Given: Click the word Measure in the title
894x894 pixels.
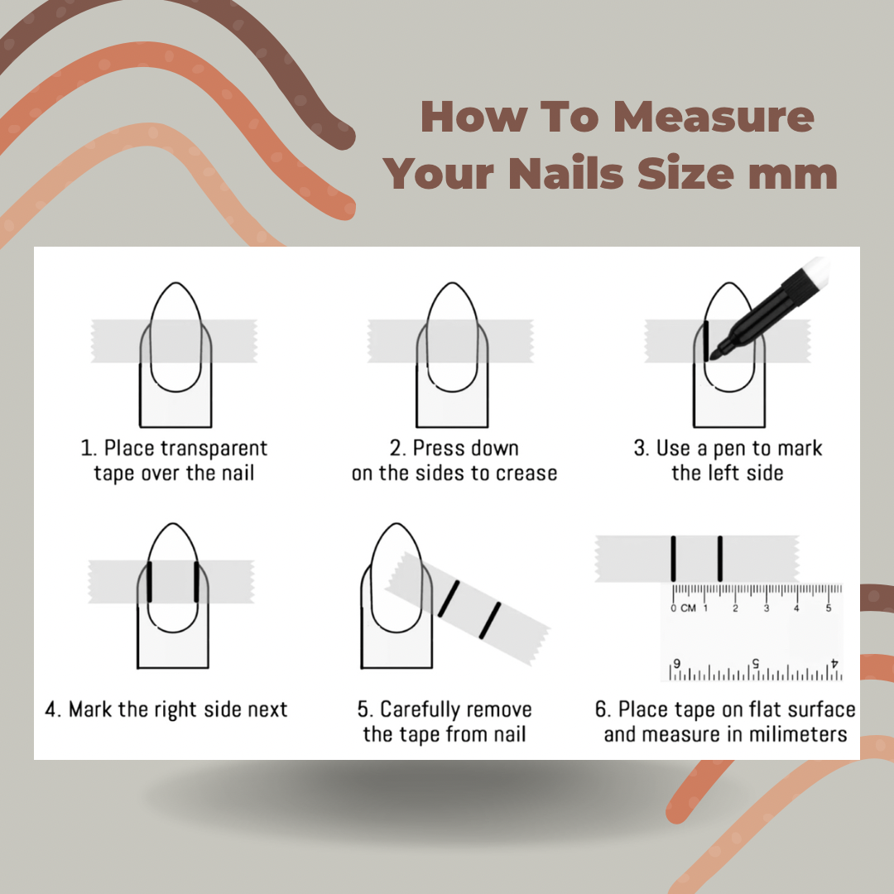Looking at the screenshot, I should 714,117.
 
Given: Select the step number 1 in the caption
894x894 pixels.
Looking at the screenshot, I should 86,449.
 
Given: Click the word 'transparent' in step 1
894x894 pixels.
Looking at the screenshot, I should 214,449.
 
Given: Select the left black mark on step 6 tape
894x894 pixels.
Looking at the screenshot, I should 674,558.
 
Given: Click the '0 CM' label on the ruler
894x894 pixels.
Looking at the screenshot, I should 683,608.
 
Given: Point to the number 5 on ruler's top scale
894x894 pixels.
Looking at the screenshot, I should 829,608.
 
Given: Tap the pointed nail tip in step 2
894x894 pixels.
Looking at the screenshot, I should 452,286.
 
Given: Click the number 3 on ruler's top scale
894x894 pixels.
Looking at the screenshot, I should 767,608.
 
